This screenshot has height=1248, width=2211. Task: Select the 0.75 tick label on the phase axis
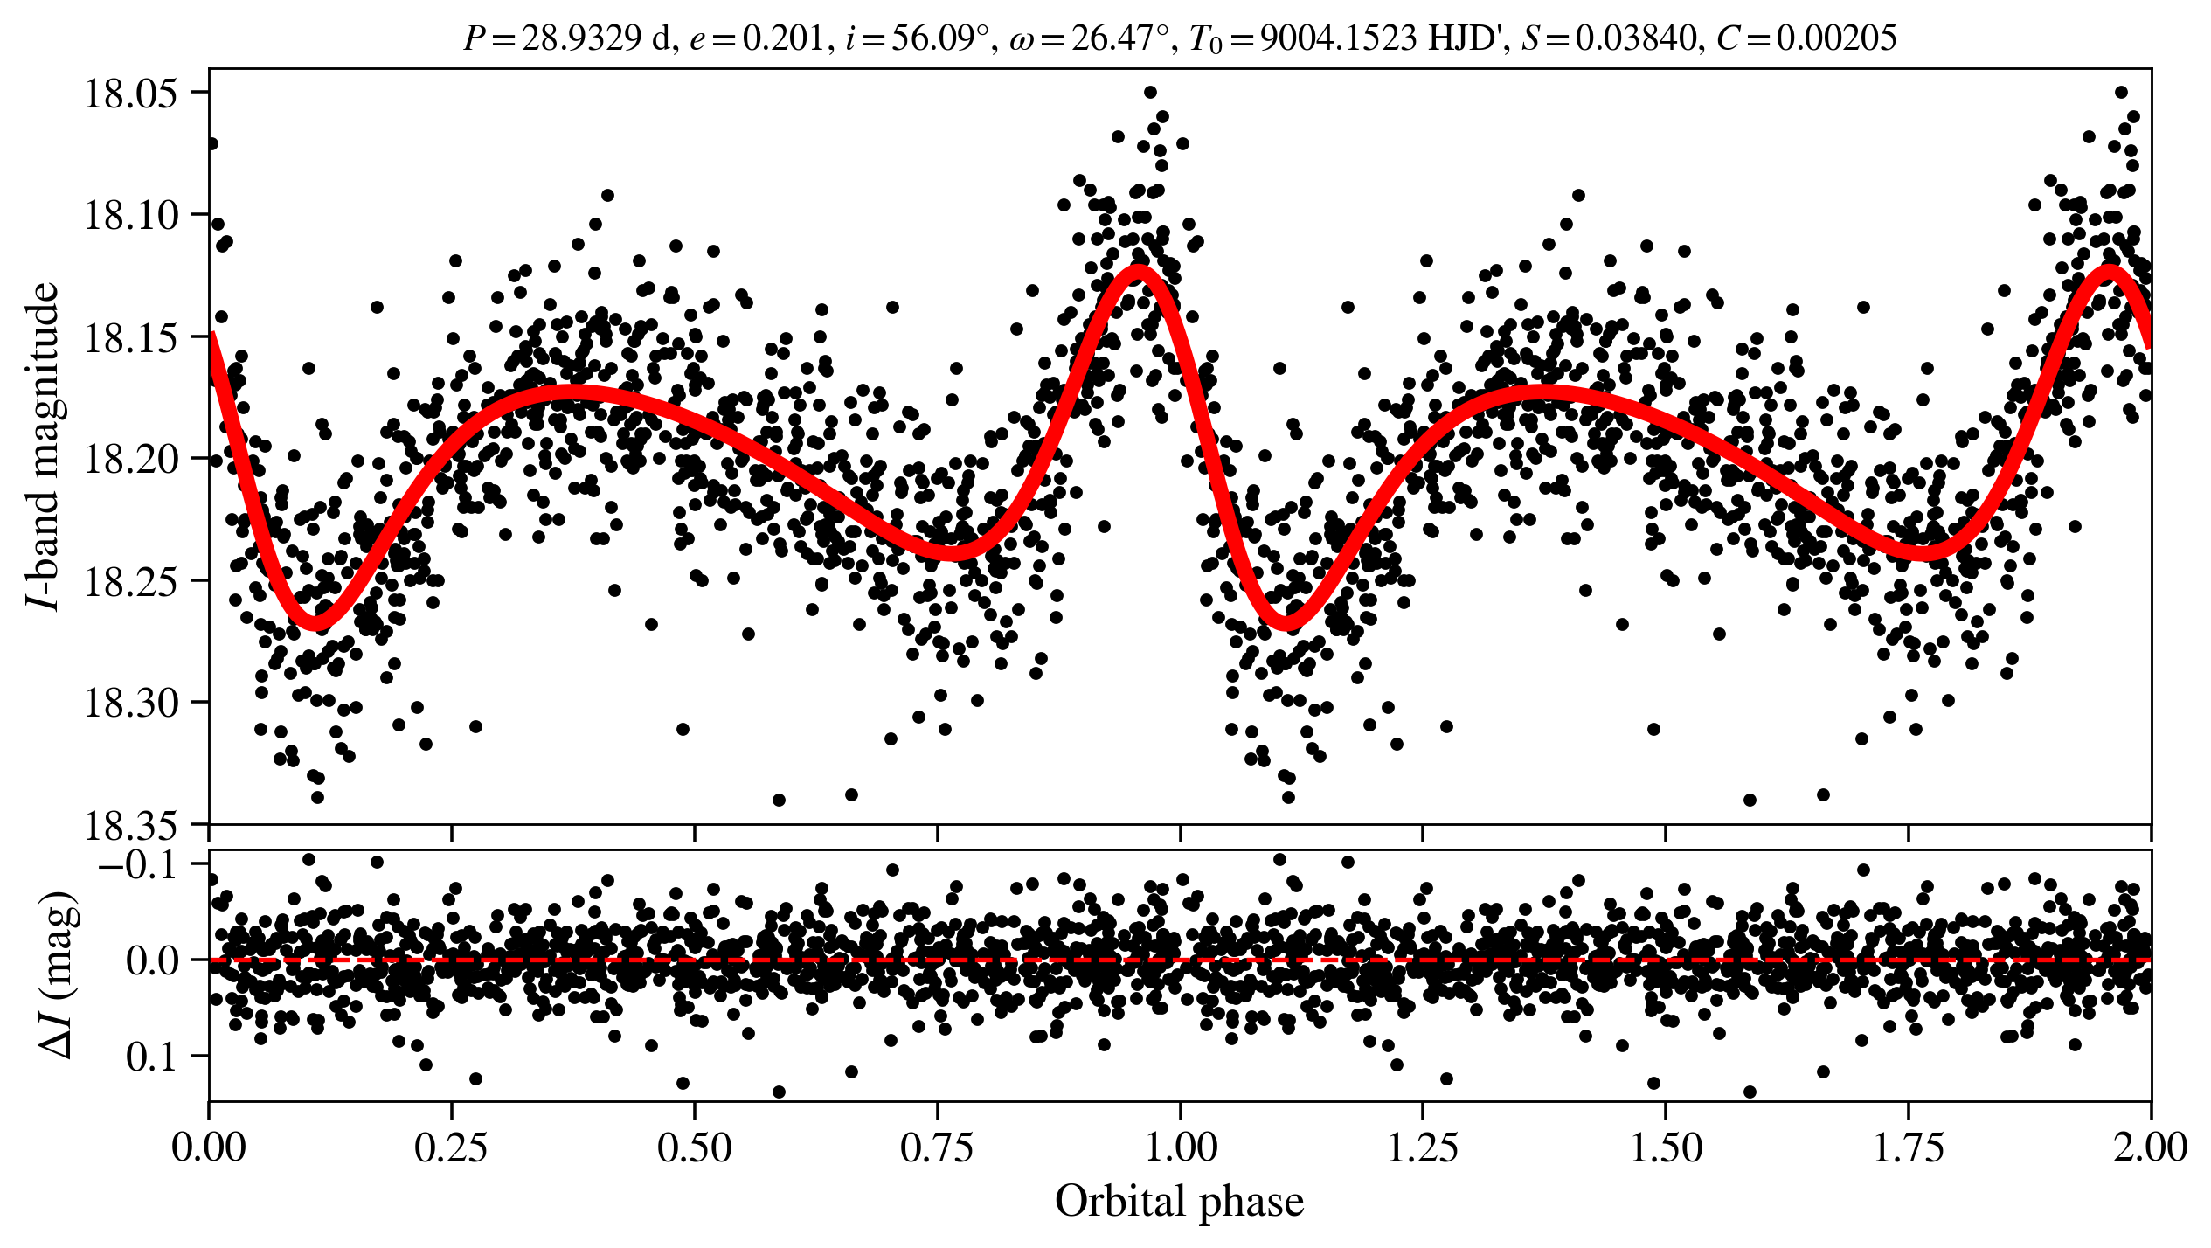click(937, 1147)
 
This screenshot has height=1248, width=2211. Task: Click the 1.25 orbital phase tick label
click(1423, 1147)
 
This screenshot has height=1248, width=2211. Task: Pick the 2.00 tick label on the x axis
click(2150, 1147)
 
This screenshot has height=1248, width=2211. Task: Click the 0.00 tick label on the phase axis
click(209, 1147)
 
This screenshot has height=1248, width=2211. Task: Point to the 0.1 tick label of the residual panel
click(156, 1057)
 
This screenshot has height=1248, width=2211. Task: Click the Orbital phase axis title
click(1179, 1202)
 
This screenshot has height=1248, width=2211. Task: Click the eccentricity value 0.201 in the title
click(782, 38)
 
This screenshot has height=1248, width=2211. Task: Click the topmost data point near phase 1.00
click(1150, 92)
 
